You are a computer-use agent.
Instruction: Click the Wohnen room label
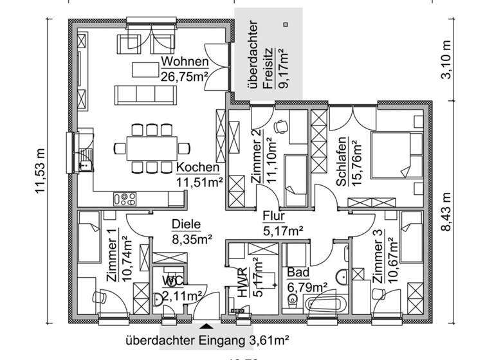click(x=185, y=62)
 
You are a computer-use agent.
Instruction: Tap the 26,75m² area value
click(x=185, y=77)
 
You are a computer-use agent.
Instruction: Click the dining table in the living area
click(x=152, y=148)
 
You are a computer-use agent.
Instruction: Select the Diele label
click(x=187, y=224)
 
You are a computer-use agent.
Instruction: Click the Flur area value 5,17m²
click(x=284, y=230)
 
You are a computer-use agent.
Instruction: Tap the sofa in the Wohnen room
click(x=146, y=95)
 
